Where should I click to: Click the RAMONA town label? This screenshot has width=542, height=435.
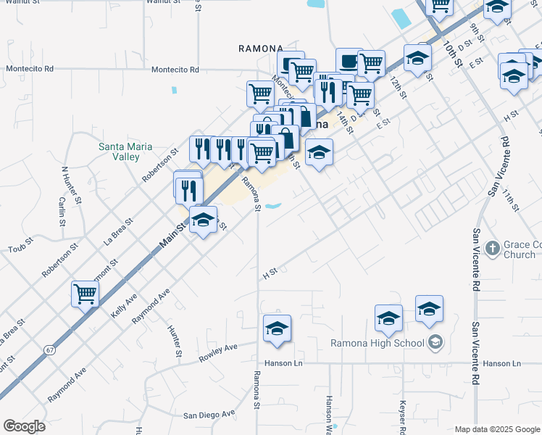click(259, 49)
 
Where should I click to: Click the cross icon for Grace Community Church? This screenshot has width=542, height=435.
click(492, 248)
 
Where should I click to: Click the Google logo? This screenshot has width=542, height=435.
click(24, 426)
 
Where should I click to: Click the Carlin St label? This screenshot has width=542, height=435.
click(62, 211)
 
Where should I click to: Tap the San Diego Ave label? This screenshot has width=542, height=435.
click(209, 415)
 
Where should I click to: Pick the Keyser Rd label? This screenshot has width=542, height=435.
click(401, 413)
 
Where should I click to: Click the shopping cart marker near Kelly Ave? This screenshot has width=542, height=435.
click(85, 294)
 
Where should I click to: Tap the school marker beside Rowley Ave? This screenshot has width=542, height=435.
click(277, 328)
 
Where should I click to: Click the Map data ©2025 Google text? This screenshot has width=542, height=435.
click(496, 429)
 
